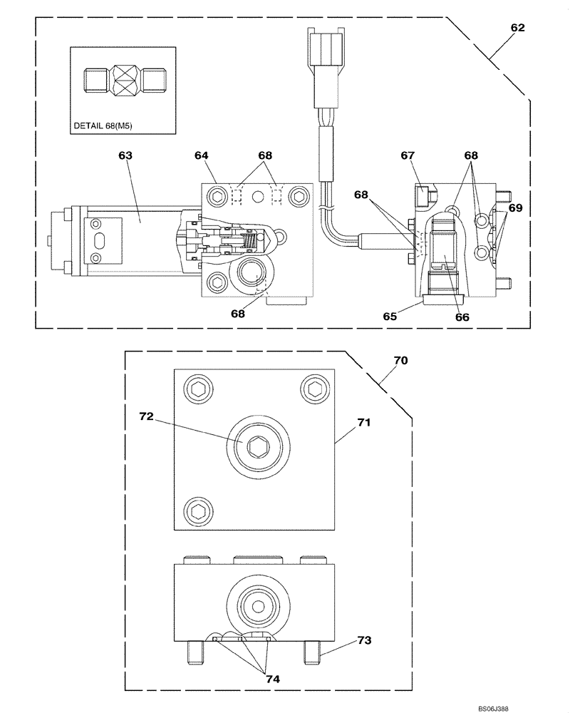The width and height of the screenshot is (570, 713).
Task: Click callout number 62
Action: (x=517, y=28)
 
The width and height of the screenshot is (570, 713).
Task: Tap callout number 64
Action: (x=202, y=155)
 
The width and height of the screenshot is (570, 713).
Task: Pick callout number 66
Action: (x=462, y=318)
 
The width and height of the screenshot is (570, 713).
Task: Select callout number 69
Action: (x=515, y=208)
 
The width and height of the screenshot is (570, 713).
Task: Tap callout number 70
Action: (x=400, y=361)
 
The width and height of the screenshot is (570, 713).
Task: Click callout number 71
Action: (x=364, y=422)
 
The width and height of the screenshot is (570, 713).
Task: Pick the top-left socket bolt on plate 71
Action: (x=197, y=388)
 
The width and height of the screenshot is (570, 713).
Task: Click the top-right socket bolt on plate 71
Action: (x=314, y=388)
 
